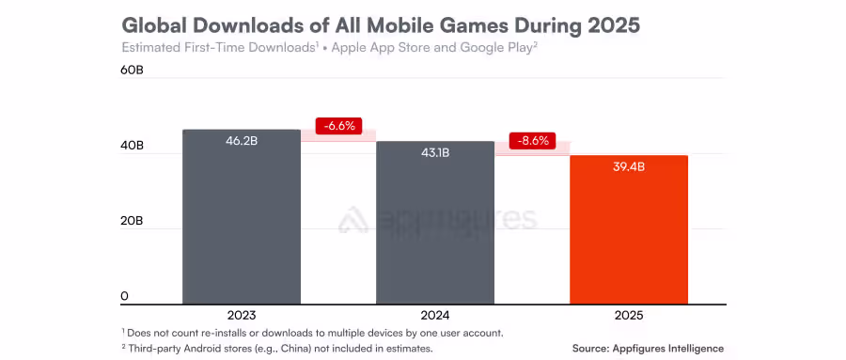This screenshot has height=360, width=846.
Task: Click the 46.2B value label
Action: (242, 142)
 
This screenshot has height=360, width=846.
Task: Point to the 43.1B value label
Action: (435, 153)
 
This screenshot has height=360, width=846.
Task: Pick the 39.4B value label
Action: (629, 167)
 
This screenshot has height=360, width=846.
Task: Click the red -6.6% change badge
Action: (338, 126)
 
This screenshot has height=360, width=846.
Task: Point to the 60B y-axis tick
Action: (132, 70)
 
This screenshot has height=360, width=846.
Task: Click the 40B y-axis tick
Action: (132, 146)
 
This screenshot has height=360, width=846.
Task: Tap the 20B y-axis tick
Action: (132, 221)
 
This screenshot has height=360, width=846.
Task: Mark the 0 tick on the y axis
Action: (124, 296)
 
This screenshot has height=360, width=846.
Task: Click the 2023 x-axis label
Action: (242, 316)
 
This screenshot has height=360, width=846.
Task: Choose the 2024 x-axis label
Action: (435, 316)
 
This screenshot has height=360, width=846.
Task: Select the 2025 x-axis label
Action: (629, 316)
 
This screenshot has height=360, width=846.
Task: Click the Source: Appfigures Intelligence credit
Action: (648, 348)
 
